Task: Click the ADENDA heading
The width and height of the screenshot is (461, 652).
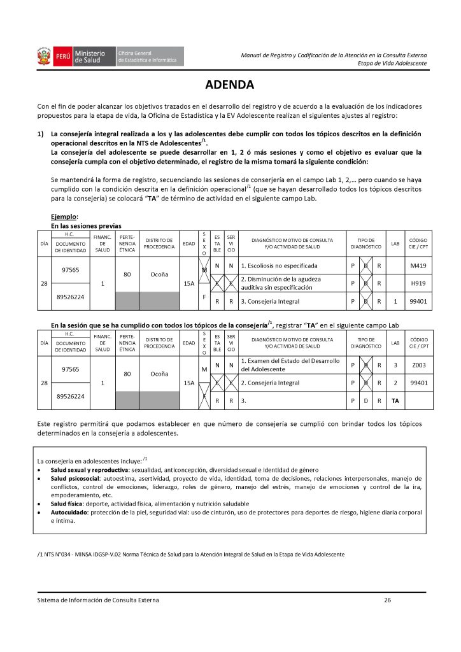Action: click(x=230, y=85)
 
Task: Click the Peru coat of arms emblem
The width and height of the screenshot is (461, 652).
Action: click(x=45, y=56)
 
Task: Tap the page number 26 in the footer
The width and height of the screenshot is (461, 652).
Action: click(x=388, y=600)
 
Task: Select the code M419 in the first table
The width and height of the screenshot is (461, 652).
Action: click(x=418, y=265)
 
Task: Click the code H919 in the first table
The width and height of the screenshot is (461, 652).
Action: click(x=418, y=283)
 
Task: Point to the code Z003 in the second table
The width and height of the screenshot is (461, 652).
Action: click(x=418, y=365)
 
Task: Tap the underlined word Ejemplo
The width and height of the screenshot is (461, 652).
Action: click(x=64, y=216)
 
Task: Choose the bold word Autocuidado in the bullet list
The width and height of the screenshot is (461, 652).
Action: click(x=73, y=511)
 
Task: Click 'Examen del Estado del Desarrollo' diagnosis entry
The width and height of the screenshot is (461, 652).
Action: click(x=290, y=361)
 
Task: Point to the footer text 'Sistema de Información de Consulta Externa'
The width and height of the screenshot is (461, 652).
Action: click(x=99, y=600)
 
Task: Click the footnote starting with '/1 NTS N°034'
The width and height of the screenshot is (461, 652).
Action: click(x=191, y=555)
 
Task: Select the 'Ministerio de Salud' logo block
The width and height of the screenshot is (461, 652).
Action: click(x=89, y=56)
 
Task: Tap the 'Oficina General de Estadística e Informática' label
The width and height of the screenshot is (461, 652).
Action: click(x=150, y=56)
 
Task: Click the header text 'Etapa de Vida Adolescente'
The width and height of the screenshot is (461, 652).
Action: click(x=392, y=64)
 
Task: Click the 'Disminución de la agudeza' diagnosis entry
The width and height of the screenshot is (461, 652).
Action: click(x=280, y=279)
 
